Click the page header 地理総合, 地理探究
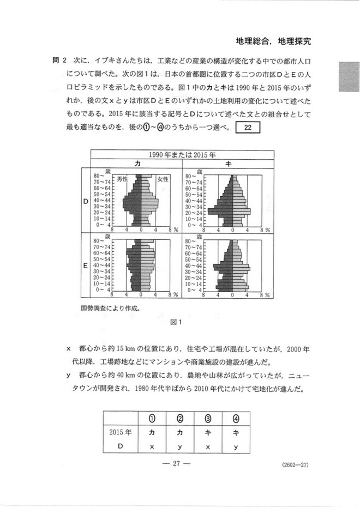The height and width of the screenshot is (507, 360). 277,41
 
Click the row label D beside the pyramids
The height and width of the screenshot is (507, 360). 85,201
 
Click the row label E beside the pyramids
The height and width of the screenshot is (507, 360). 85,265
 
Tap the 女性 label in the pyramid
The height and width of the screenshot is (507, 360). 163,179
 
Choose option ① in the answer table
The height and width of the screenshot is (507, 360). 152,419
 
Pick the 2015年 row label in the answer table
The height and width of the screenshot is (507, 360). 121,433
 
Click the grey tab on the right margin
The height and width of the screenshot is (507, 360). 349,76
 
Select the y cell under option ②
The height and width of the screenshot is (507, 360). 180,445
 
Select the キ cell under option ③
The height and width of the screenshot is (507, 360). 208,433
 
